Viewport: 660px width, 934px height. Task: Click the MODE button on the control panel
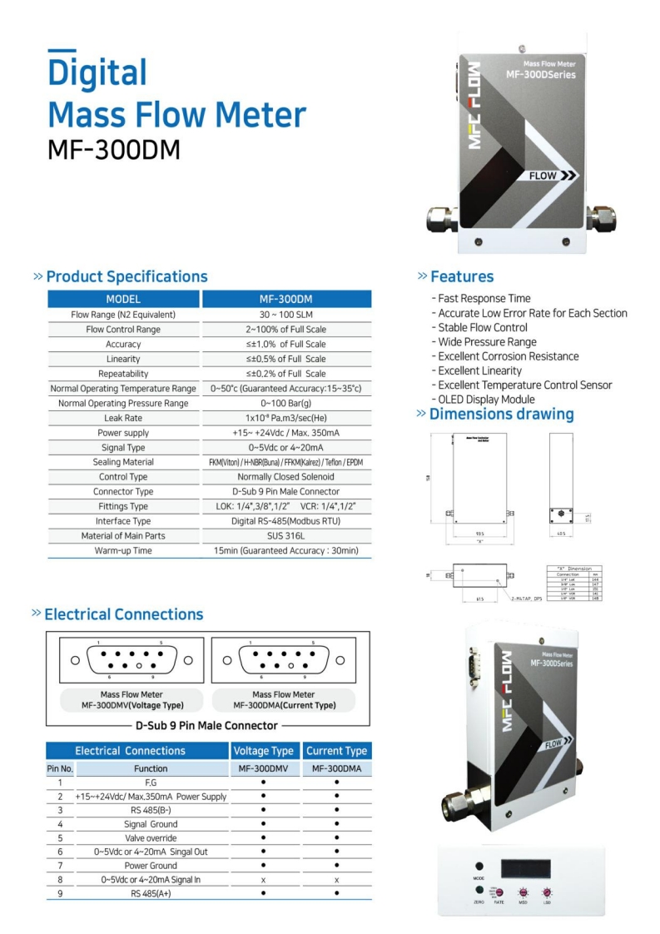479,867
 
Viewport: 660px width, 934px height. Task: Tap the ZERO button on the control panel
479,889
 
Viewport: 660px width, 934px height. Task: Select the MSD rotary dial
523,891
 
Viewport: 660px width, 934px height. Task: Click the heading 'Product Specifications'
127,277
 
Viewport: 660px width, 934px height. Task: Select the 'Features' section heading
462,277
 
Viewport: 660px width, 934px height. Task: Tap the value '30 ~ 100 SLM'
286,315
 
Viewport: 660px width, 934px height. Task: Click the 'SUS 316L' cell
286,536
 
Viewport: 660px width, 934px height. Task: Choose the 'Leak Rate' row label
123,418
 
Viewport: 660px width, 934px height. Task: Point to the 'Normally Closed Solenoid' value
286,477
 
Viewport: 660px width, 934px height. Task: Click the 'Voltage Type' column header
263,751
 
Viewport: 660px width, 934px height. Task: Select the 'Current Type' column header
336,751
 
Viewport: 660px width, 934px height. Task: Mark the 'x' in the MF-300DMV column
263,880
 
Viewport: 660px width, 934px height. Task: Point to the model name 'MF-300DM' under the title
114,149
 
